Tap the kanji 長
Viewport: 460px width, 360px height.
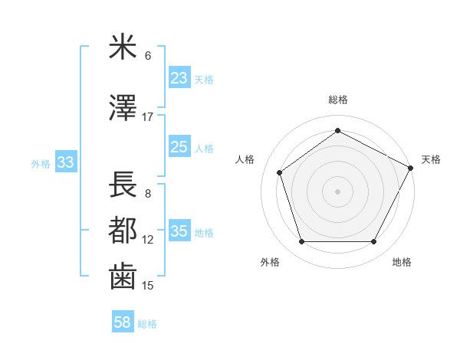click(x=123, y=185)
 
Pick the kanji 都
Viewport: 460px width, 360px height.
click(x=123, y=231)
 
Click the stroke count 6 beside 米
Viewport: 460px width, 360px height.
click(x=148, y=56)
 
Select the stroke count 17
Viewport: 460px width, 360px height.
click(x=148, y=117)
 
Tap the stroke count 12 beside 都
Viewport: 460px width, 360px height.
click(x=148, y=240)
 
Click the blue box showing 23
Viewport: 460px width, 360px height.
click(x=179, y=77)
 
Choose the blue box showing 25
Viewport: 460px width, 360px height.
click(x=179, y=147)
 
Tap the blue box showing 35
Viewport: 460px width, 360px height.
click(x=179, y=231)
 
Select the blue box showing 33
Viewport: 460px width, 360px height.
click(x=65, y=162)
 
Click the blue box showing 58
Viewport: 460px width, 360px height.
click(x=122, y=322)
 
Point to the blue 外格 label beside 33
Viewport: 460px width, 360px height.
click(x=41, y=163)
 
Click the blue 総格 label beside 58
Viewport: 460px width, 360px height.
click(x=148, y=324)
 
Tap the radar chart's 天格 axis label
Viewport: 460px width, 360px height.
click(x=431, y=159)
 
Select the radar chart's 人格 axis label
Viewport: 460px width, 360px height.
click(x=245, y=159)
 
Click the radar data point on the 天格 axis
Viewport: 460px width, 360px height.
click(x=412, y=168)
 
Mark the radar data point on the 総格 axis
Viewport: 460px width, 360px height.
click(x=337, y=130)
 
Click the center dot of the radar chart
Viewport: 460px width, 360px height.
click(x=337, y=191)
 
